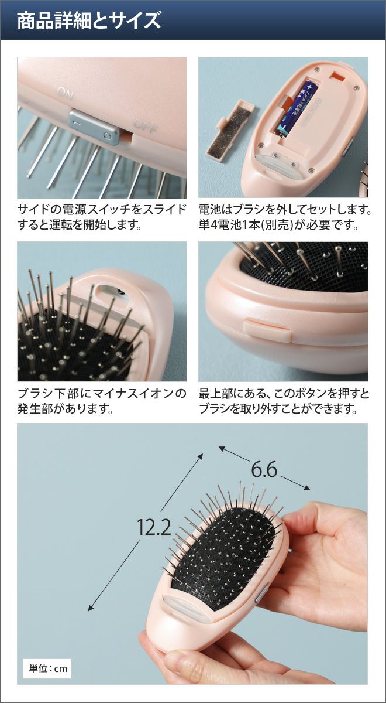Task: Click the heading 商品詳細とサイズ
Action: tap(89, 21)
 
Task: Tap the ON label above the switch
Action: tap(65, 93)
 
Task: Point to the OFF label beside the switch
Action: tap(146, 126)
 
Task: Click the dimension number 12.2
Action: tap(154, 527)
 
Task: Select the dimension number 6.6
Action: tap(264, 469)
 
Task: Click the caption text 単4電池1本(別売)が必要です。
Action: tap(278, 226)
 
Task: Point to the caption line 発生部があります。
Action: tap(65, 409)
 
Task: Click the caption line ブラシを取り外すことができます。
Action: tap(278, 409)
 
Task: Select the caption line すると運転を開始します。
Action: tap(79, 225)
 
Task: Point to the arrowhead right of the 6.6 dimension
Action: tap(306, 487)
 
